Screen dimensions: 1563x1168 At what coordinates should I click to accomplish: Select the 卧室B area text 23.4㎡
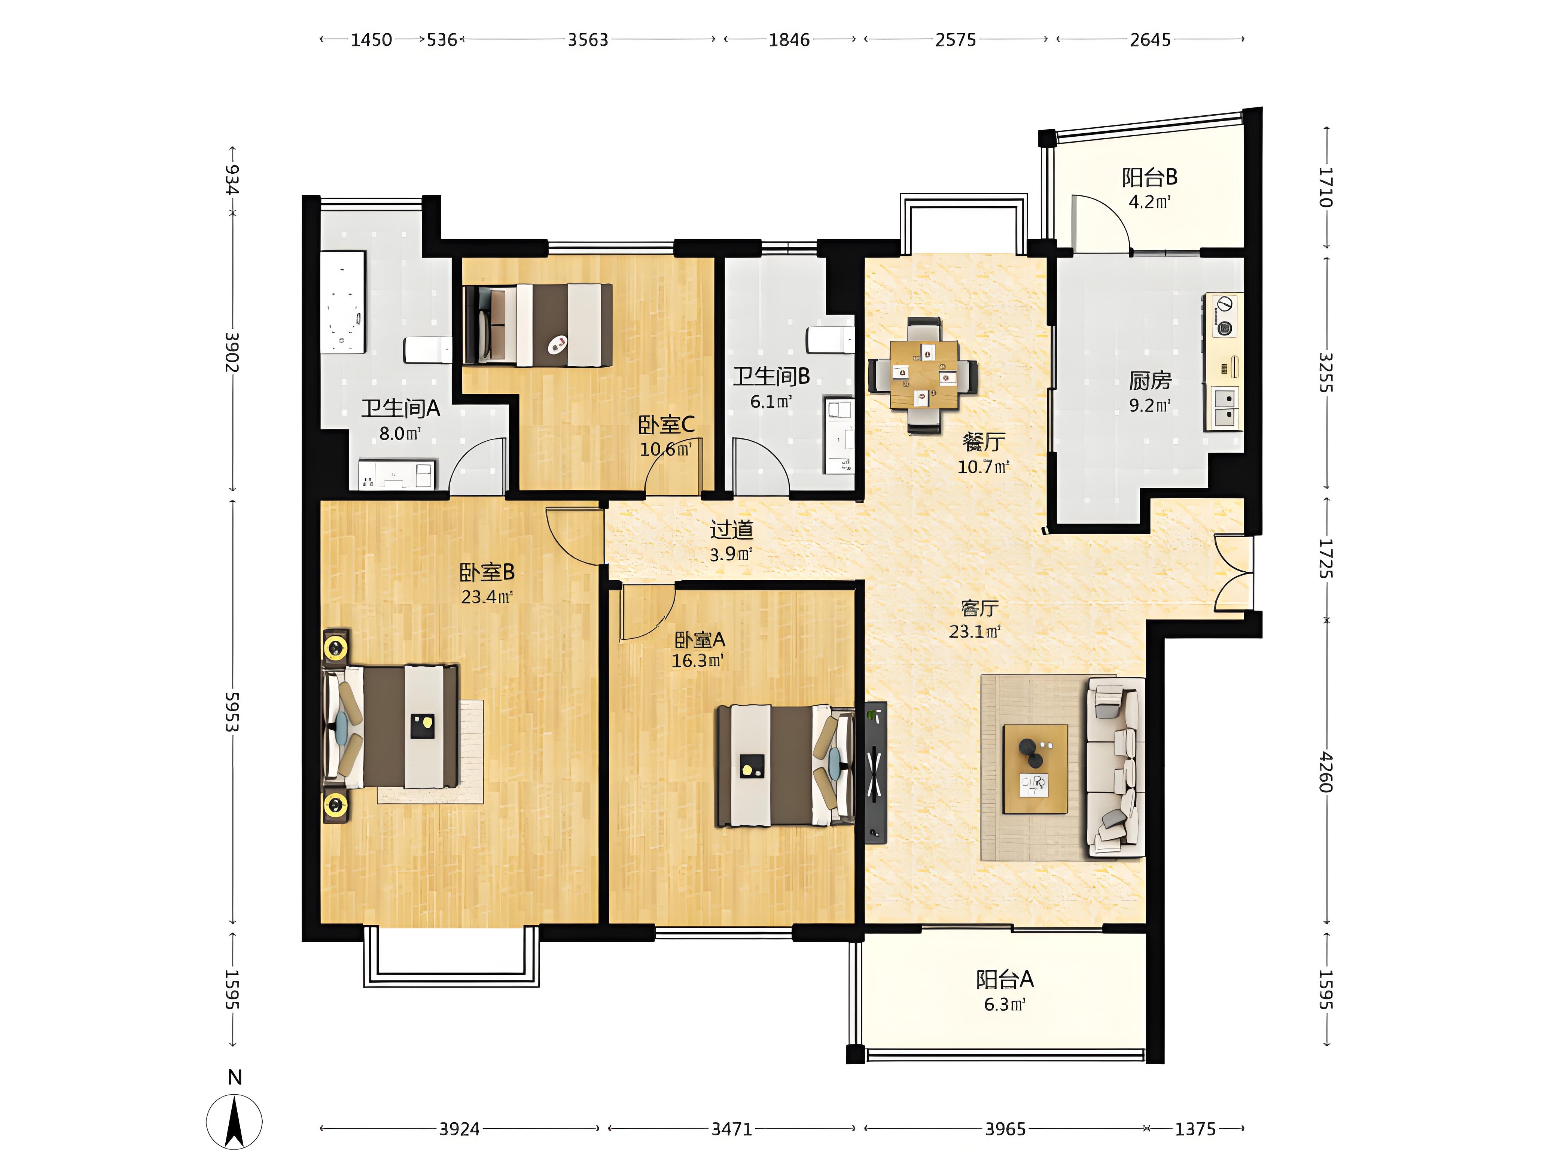tap(487, 597)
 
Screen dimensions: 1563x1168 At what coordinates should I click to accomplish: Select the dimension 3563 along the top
tap(588, 40)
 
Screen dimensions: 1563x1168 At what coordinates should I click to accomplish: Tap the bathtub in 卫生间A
tap(344, 302)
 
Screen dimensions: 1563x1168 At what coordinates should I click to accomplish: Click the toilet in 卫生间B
tap(831, 340)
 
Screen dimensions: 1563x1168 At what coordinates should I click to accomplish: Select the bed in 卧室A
tap(785, 765)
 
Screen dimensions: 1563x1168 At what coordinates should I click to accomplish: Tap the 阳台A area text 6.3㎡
tap(1005, 1004)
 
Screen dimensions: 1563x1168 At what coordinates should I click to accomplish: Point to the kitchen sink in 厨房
tap(1225, 408)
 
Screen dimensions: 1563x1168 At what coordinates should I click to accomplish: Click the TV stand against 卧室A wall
tap(875, 772)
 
